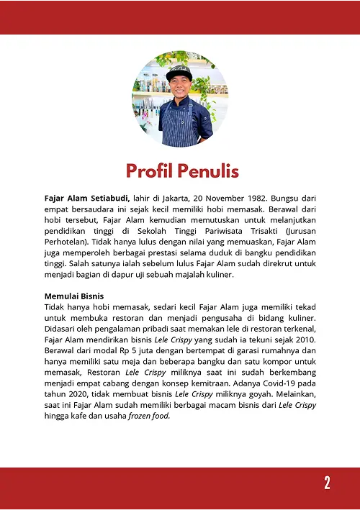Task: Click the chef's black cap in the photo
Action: click(x=179, y=73)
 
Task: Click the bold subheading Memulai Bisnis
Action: click(x=74, y=296)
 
